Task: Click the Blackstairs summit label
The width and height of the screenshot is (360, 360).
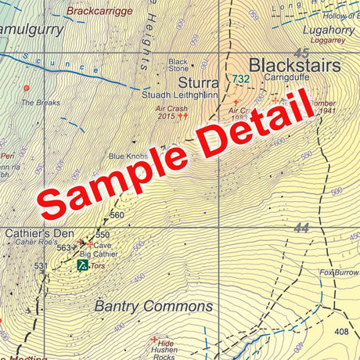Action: (x=295, y=66)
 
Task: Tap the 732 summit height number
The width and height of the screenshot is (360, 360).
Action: (x=240, y=79)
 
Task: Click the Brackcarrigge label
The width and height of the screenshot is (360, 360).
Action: (x=100, y=12)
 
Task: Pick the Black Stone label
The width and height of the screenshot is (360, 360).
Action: (x=178, y=65)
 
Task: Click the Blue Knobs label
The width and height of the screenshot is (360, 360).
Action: (x=128, y=157)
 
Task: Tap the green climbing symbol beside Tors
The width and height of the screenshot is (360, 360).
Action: (x=82, y=265)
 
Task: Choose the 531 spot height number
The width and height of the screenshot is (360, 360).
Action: (x=41, y=267)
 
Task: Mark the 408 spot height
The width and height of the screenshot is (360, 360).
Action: (x=341, y=333)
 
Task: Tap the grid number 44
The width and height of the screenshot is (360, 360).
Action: (x=302, y=229)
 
